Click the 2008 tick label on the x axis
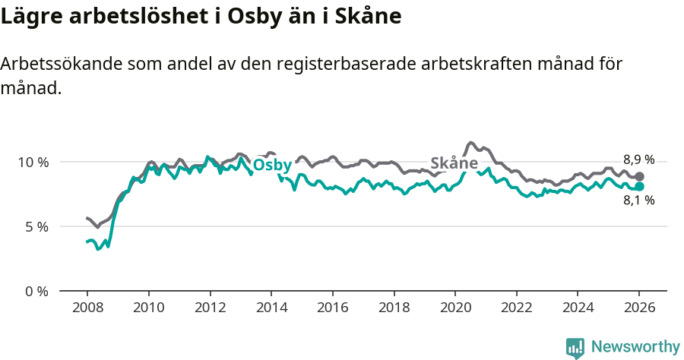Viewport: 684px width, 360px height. click(87, 308)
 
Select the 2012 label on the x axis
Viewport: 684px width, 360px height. click(210, 308)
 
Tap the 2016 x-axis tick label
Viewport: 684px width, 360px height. click(332, 308)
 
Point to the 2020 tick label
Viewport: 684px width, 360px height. click(454, 308)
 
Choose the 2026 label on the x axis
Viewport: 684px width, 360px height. click(639, 308)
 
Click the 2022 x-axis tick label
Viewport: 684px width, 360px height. click(516, 308)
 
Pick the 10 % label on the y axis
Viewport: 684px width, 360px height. click(33, 163)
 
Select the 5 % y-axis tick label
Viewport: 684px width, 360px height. click(36, 227)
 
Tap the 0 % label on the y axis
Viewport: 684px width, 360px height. click(36, 292)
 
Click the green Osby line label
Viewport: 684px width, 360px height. click(271, 166)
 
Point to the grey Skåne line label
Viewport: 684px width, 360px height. click(454, 163)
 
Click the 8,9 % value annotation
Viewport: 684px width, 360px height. click(638, 159)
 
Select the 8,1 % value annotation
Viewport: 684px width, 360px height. click(638, 201)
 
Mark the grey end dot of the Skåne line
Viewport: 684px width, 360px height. click(639, 176)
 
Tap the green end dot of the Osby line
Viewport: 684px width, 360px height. click(639, 187)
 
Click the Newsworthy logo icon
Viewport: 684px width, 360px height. click(575, 348)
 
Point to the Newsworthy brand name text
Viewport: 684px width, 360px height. click(635, 347)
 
